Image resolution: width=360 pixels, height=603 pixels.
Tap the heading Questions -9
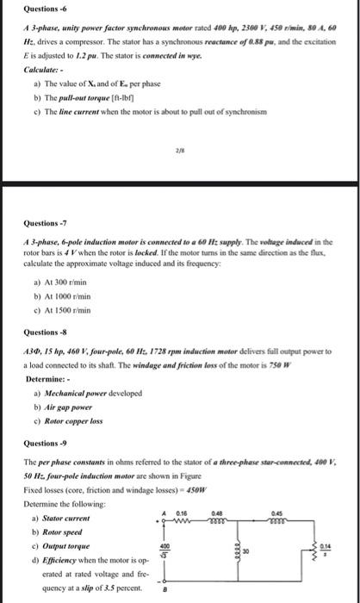[43, 443]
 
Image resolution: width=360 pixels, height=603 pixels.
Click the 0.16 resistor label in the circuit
[182, 512]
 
